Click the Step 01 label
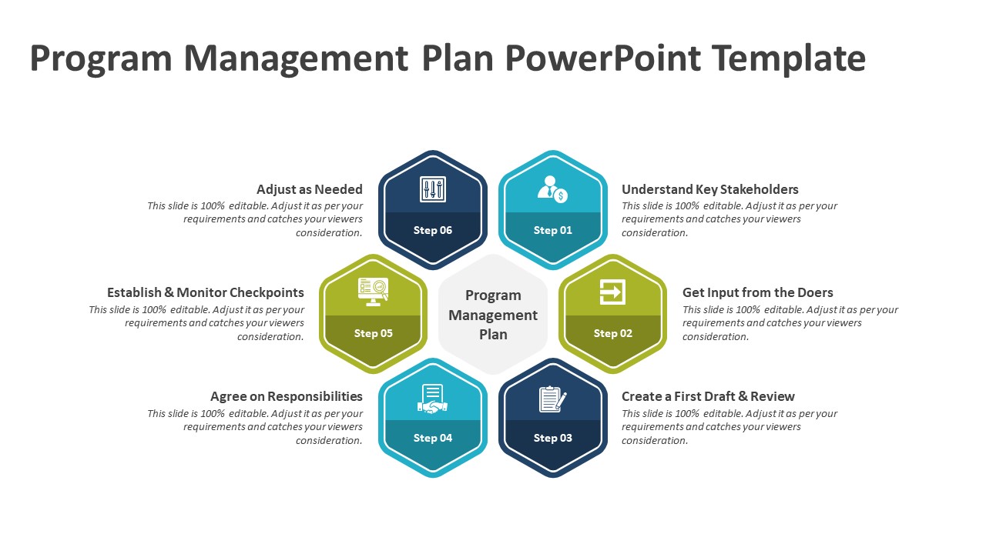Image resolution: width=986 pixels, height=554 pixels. point(553,230)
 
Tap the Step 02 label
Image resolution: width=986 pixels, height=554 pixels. point(612,333)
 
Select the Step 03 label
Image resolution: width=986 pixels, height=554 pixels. point(553,438)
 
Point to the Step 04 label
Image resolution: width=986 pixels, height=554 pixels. point(433,438)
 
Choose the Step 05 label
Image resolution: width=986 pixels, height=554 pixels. point(374,333)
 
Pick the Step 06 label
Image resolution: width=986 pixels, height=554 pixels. point(433,230)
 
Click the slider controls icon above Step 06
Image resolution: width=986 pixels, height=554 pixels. point(433,189)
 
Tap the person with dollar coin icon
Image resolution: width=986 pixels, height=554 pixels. point(553,189)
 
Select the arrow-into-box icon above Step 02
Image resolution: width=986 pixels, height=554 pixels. point(612,292)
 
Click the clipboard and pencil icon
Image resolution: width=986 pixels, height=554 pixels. point(553,399)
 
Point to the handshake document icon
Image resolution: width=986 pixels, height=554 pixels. point(433,399)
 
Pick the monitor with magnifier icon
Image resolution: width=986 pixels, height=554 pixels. point(374,292)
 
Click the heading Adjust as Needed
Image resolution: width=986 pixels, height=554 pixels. point(310,189)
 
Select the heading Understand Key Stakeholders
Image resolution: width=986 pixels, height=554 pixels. point(710,189)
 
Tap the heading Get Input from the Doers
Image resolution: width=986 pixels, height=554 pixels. point(757,292)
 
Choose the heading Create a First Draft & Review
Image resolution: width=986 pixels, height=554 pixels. point(708,396)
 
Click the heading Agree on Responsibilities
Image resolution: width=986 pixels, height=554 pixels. point(287,396)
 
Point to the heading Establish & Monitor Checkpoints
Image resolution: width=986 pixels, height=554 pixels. point(206,292)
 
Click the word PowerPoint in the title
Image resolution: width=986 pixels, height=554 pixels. point(603,58)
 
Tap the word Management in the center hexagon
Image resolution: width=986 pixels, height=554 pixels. point(493,315)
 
